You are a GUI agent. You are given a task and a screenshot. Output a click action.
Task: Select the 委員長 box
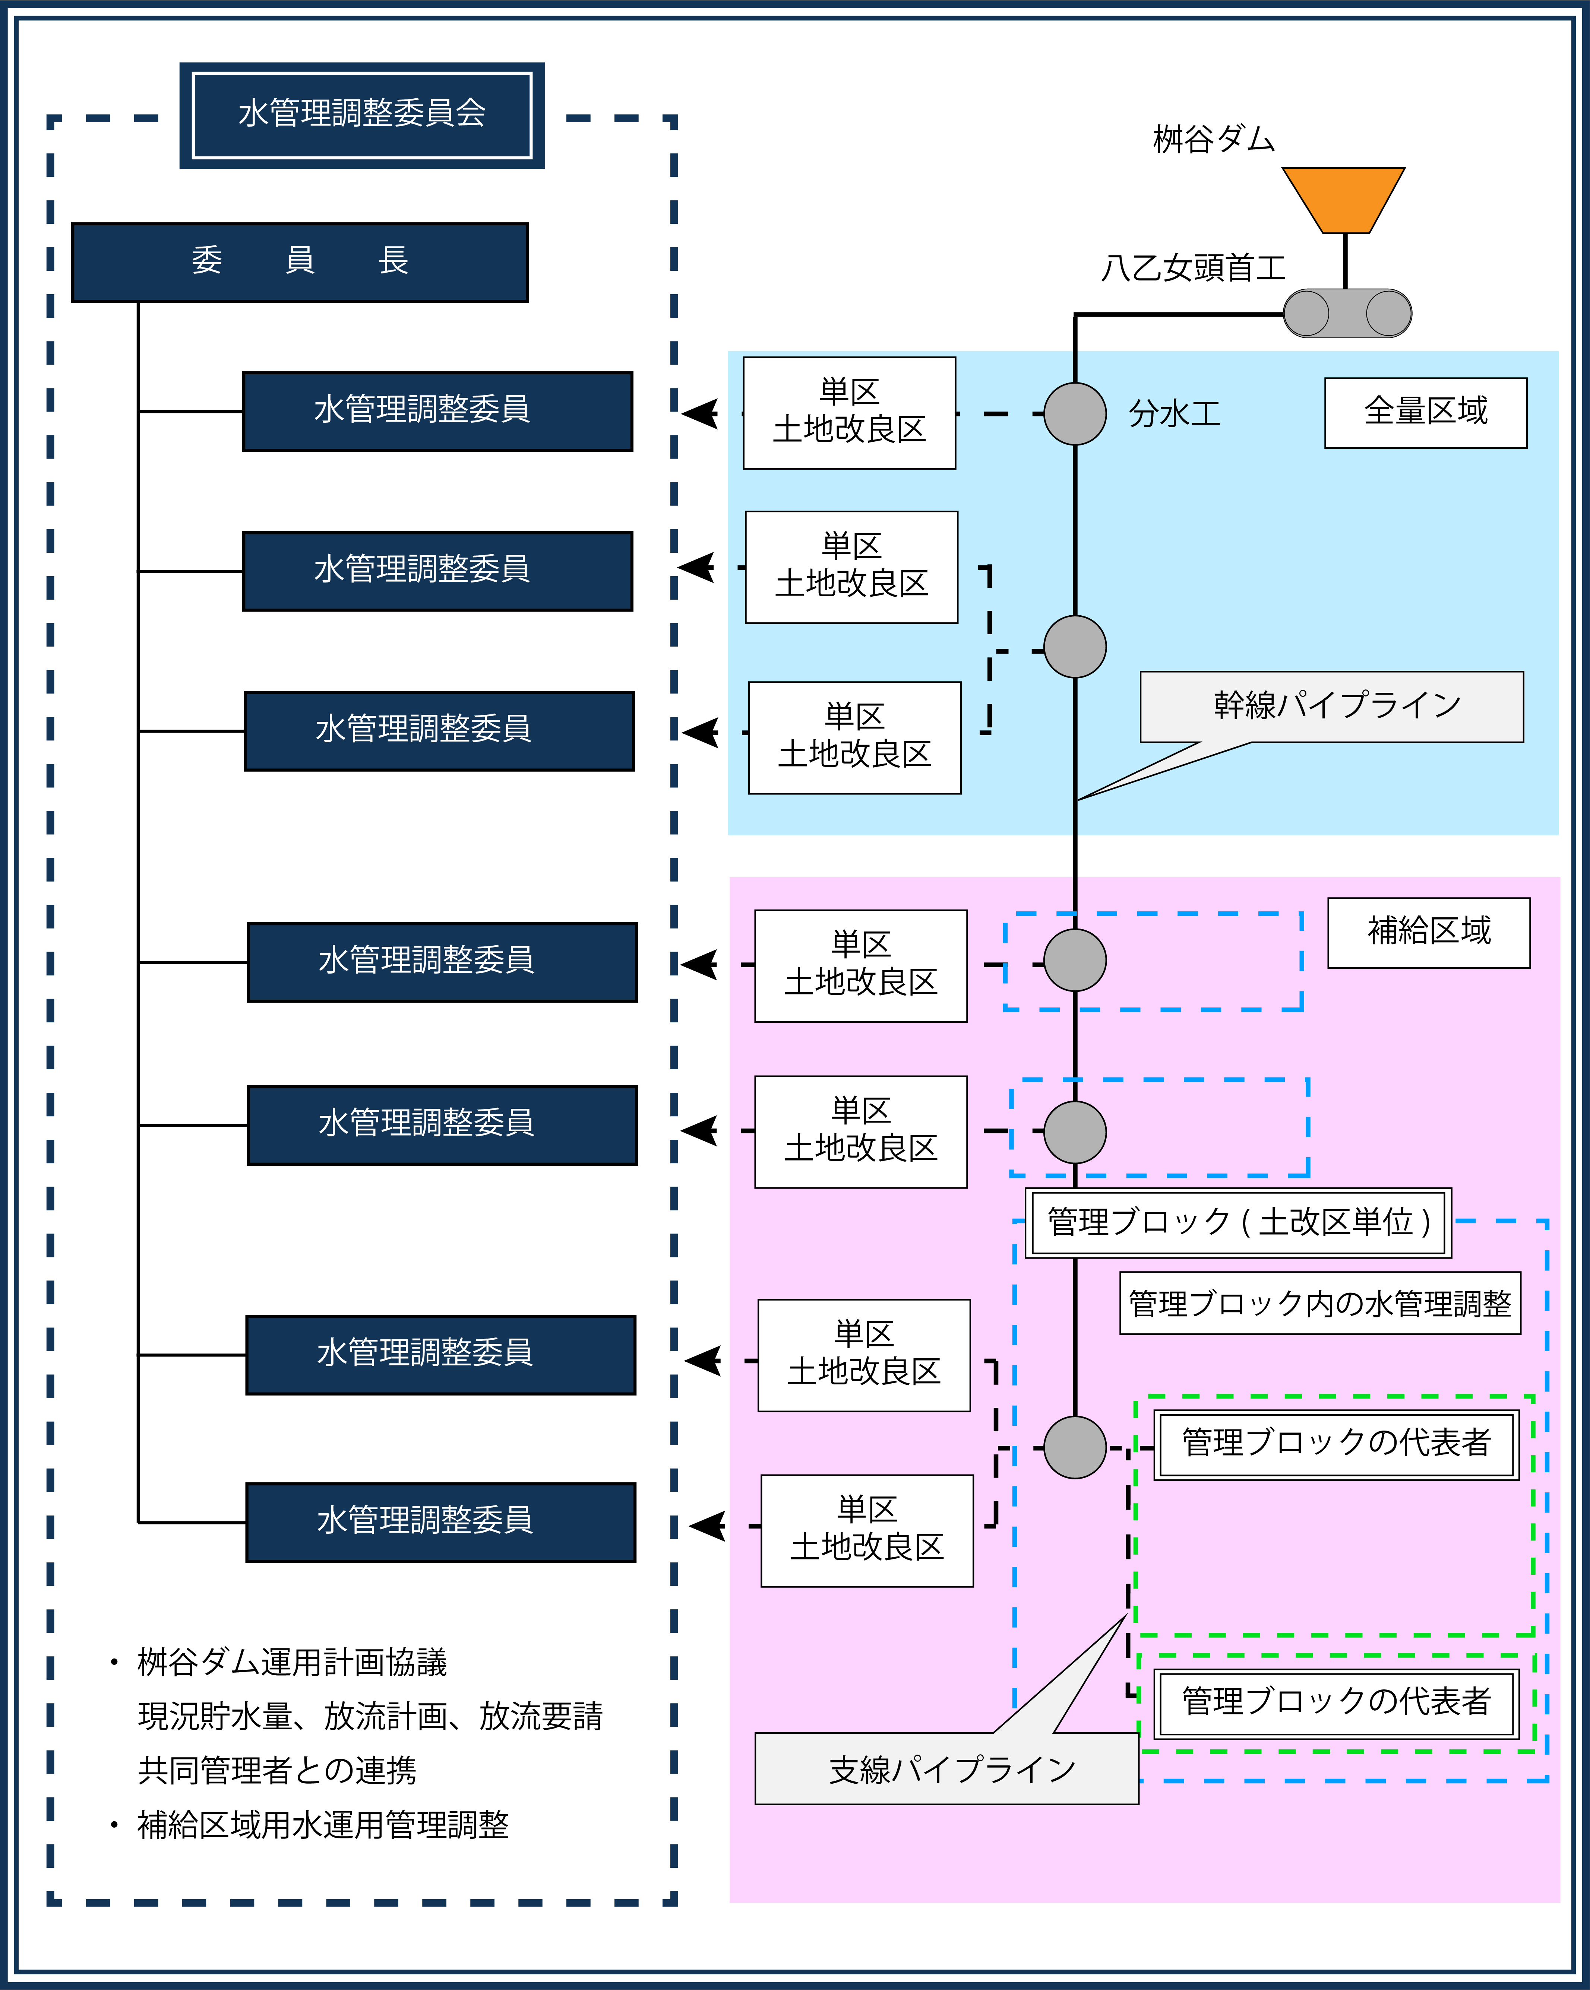(x=300, y=262)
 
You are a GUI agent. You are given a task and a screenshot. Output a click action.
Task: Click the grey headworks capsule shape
(x=1347, y=313)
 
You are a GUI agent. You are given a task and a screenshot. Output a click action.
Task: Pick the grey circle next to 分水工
(x=1075, y=413)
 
